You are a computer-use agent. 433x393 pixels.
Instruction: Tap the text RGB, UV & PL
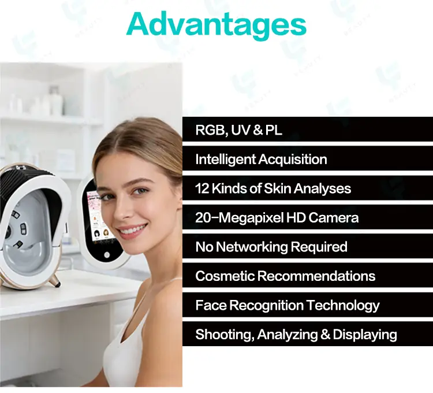[x=238, y=130]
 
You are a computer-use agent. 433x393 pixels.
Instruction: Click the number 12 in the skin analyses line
[x=203, y=188]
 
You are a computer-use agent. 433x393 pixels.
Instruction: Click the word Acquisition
[x=294, y=160]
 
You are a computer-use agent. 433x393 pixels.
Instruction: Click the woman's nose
[x=128, y=211]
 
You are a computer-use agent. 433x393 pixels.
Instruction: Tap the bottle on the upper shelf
[x=56, y=102]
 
